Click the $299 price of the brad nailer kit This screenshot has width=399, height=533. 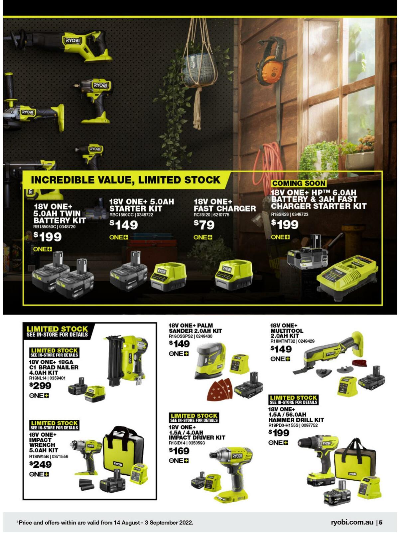pos(40,386)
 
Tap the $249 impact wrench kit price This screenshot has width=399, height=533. pos(40,464)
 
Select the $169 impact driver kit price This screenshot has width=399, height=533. pos(179,451)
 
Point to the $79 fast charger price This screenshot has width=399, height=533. pos(204,225)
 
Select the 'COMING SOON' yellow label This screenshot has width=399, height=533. pos(299,183)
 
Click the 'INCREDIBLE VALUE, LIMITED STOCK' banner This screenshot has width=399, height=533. pos(125,180)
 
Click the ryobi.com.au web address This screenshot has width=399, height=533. pos(352,522)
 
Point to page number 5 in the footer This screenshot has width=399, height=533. pos(381,522)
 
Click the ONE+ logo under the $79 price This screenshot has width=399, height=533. pos(203,238)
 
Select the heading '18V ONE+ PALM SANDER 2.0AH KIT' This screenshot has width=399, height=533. pos(195,328)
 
